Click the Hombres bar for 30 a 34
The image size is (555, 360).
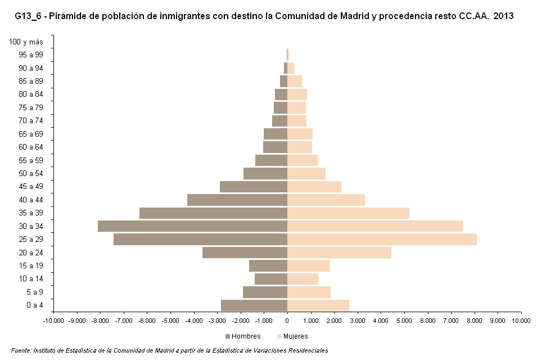click(192, 226)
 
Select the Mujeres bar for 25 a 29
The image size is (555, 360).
click(382, 240)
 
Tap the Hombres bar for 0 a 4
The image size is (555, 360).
click(254, 305)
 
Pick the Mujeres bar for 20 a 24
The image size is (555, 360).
click(339, 253)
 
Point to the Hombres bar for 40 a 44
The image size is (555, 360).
click(237, 200)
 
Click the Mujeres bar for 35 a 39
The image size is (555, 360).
click(348, 213)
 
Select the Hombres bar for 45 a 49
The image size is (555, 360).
click(254, 187)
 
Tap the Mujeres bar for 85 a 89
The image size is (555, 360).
click(295, 81)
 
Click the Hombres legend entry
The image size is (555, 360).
click(243, 336)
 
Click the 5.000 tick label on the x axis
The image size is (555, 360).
click(404, 321)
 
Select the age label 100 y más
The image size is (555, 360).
click(26, 42)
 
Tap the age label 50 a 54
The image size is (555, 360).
click(30, 173)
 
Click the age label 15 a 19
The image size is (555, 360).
click(30, 265)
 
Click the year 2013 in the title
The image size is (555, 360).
click(503, 16)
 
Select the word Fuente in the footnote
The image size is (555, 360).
click(22, 350)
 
